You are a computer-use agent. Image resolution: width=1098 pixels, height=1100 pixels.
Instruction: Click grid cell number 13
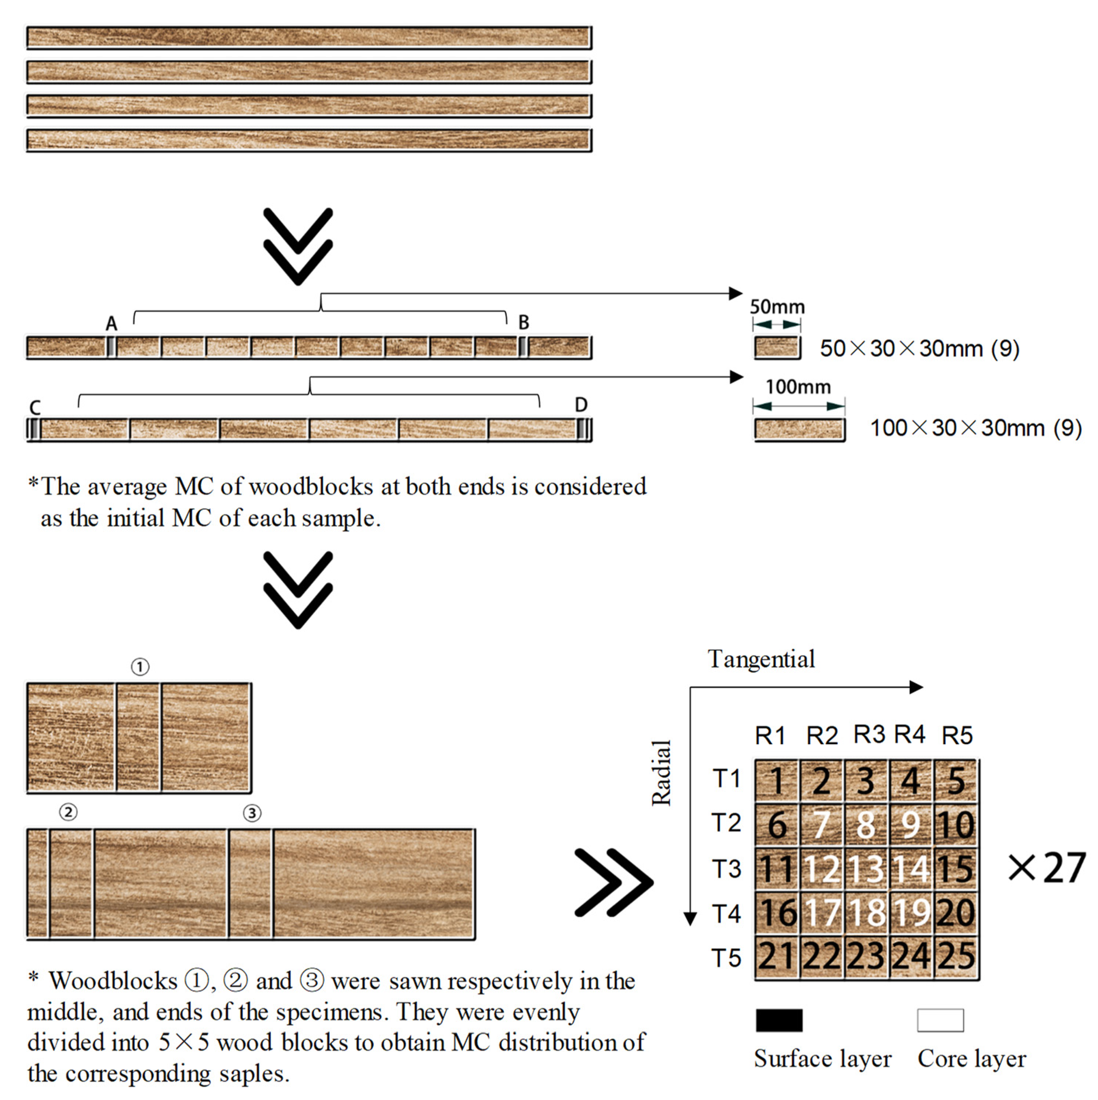pos(866,869)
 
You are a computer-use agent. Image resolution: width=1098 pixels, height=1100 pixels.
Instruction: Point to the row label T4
pos(726,914)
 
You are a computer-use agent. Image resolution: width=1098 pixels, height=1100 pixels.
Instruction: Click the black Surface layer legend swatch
pos(779,1020)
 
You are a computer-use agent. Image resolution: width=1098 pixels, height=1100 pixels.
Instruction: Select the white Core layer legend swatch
pos(940,1020)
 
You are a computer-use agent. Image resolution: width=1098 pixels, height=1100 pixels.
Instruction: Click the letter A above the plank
pos(112,324)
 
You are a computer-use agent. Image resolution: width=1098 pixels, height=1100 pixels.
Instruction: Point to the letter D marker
pos(580,405)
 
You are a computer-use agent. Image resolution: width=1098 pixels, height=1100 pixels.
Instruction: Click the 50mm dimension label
pos(777,307)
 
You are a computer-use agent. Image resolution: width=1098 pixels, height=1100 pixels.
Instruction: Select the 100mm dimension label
pos(798,387)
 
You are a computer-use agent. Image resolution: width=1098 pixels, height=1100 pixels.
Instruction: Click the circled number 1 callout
pos(140,667)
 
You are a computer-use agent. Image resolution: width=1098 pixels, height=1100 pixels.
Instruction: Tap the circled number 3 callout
pos(252,813)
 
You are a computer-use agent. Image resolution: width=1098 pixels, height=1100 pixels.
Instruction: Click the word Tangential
pos(761,659)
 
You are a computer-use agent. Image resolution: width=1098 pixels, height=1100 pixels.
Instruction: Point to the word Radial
pos(661,773)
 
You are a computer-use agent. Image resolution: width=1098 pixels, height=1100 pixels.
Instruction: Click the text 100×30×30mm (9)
pos(976,428)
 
